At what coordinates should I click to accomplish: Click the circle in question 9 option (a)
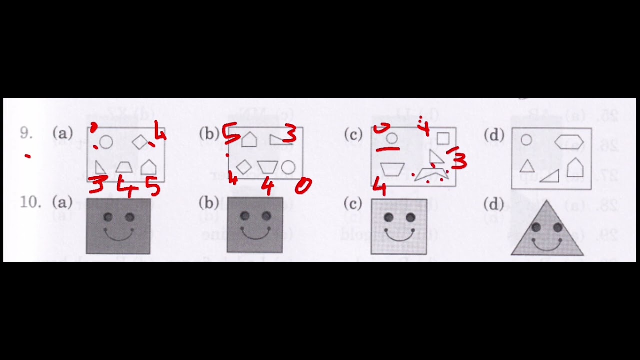point(106,143)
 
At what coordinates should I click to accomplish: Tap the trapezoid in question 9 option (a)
point(124,167)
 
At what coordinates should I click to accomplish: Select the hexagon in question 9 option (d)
point(569,142)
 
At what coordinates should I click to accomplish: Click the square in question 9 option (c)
point(443,138)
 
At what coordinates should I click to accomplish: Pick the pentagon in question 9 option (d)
point(575,167)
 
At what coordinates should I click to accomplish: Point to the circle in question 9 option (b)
point(288,167)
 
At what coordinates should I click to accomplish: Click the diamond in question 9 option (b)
point(243,167)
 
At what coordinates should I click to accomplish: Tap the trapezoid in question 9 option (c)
point(392,169)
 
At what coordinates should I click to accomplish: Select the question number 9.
point(26,133)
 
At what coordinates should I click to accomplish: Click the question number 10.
point(29,202)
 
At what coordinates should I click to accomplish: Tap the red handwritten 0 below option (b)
point(303,186)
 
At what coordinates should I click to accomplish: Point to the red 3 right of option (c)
point(459,161)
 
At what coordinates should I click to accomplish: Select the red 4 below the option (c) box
point(379,188)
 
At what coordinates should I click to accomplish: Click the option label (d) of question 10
point(494,204)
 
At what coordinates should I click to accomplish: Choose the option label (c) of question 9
point(353,134)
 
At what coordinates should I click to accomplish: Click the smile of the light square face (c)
point(399,234)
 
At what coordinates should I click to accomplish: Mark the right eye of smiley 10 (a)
point(130,217)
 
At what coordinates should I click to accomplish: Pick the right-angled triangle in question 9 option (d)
point(550,176)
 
